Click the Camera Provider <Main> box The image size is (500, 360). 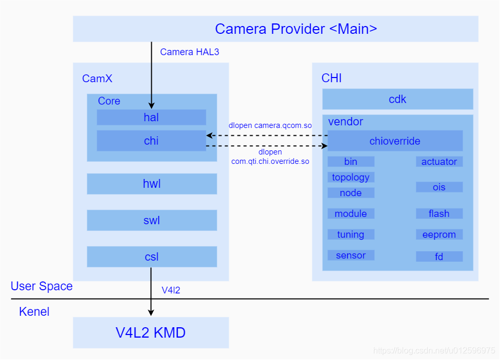275,29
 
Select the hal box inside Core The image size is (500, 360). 151,118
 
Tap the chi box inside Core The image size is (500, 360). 151,141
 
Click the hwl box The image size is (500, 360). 151,184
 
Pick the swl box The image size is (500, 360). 151,221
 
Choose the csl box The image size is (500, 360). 151,257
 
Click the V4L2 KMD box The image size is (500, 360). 151,333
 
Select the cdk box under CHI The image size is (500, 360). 398,99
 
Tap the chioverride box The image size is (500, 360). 395,141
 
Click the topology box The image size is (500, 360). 351,177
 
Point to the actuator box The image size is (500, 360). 439,162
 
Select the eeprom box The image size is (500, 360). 439,235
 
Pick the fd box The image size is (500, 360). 439,256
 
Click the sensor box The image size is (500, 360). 351,255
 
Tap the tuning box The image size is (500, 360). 351,235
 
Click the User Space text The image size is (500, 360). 42,286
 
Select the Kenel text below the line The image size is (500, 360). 34,312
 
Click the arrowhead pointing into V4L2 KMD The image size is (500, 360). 151,313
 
